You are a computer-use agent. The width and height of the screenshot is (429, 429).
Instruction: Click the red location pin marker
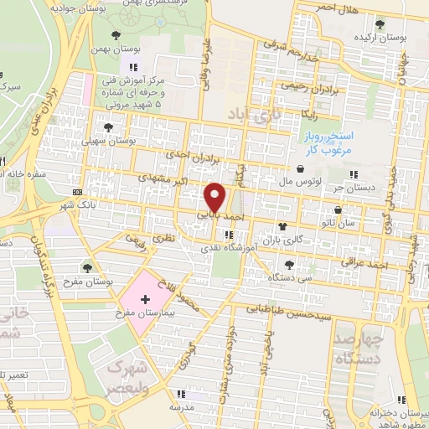click(215, 198)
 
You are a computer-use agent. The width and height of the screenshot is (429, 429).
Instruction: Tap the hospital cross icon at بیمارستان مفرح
click(145, 299)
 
